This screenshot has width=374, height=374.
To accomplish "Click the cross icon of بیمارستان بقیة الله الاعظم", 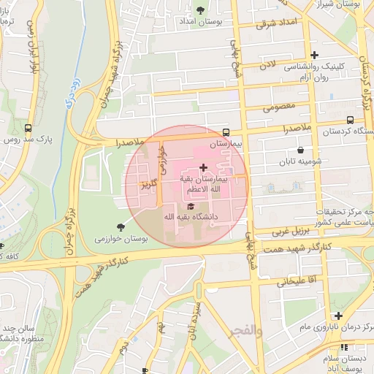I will click(202, 168).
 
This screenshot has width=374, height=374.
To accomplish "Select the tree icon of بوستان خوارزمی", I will click(121, 227).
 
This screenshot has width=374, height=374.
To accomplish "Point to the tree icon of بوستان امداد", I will click(200, 10).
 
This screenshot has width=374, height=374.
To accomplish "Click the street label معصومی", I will click(272, 108).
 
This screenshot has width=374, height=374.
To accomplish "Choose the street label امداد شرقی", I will click(278, 23).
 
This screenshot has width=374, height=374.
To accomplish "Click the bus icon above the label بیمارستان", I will click(226, 132).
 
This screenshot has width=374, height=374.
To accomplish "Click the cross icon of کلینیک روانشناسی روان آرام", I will click(314, 55).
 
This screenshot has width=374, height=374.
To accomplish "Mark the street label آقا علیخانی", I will click(294, 280).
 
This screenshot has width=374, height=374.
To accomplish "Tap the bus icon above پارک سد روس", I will click(28, 126).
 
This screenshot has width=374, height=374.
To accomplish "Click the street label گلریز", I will click(149, 184).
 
